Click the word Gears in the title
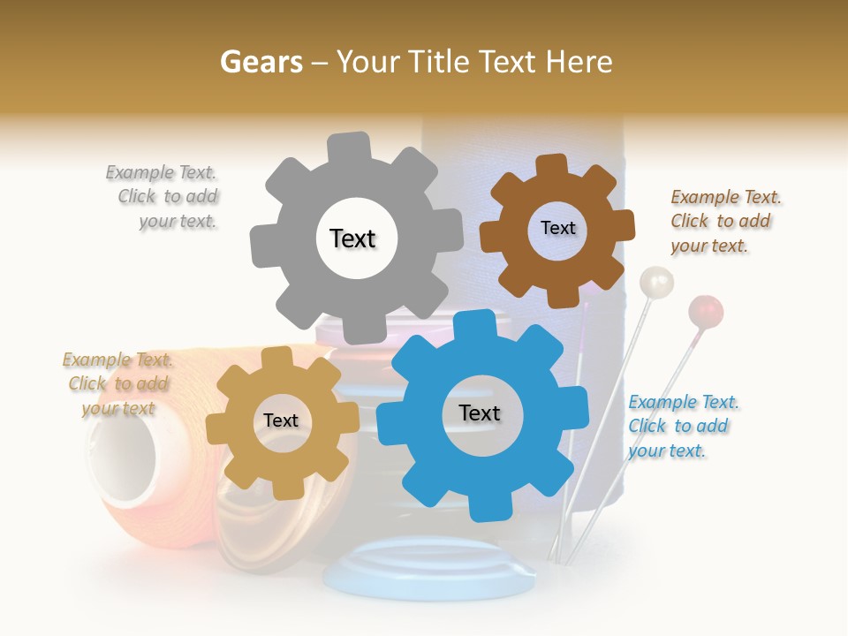pos(261,62)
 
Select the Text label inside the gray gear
pos(352,238)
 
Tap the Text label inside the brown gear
pos(557,228)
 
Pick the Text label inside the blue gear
pos(480,413)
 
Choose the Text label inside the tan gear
pos(281,420)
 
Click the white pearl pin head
pos(655,283)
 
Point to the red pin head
pos(706,311)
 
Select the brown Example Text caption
pos(724,221)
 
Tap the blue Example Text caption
pos(682,426)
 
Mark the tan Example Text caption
pos(118,383)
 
